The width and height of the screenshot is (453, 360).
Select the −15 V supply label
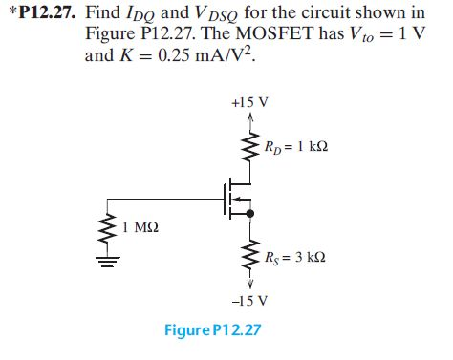tap(249, 300)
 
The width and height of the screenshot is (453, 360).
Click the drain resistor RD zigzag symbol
tap(250, 145)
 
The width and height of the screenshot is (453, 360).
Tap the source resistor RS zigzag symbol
tap(250, 252)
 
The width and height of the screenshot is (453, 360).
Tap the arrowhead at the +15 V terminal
tap(250, 117)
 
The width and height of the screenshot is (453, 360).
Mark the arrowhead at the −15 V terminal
tap(250, 283)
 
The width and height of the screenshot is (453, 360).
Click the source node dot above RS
tap(250, 217)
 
